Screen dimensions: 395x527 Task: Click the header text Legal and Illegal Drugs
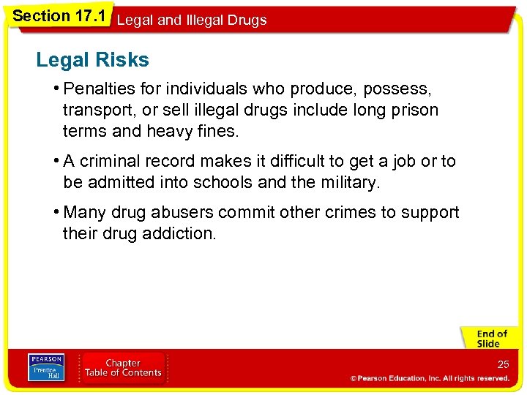tap(192, 20)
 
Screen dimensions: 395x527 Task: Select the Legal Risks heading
tap(92, 60)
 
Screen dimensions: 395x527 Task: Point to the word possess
tap(395, 89)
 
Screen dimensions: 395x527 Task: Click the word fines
tap(218, 132)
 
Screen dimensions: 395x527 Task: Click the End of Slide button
tap(488, 339)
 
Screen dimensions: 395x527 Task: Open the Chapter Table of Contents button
tap(123, 367)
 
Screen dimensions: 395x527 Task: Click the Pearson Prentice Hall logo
tap(46, 367)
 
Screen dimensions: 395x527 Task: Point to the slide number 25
tap(503, 364)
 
